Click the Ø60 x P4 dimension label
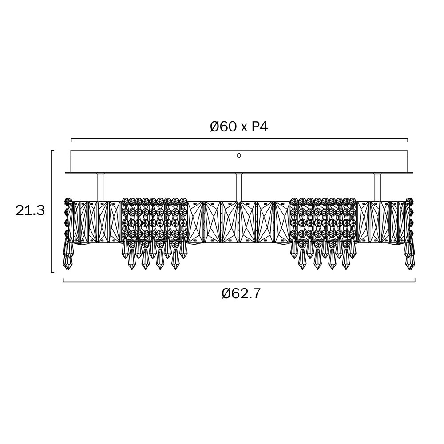click(x=239, y=127)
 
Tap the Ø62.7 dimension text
click(x=241, y=294)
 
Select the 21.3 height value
click(x=30, y=210)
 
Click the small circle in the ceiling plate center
click(x=239, y=155)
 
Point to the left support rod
click(x=100, y=187)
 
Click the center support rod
click(x=239, y=187)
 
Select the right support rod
click(x=377, y=187)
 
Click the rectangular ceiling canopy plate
click(x=239, y=161)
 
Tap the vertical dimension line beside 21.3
click(x=51, y=211)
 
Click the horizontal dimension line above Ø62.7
click(x=239, y=282)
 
